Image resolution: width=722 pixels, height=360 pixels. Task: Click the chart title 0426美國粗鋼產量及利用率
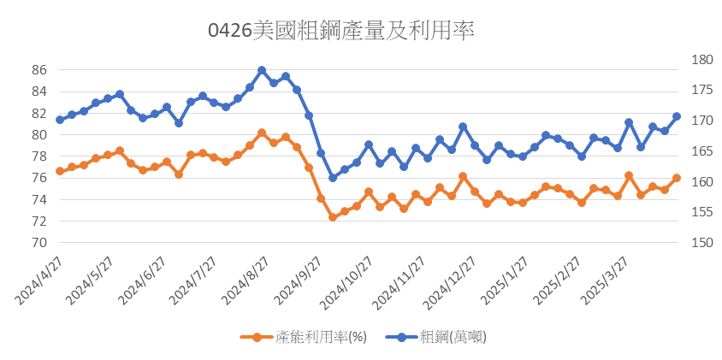point(341,31)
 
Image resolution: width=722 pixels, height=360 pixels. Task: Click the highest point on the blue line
point(262,70)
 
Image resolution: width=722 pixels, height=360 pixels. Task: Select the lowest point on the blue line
point(333,178)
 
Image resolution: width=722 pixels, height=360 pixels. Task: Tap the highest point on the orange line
point(262,133)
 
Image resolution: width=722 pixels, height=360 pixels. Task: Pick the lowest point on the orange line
point(333,217)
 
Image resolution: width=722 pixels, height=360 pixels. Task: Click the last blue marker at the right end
point(677,116)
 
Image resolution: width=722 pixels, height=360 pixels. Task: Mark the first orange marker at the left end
point(60,171)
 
